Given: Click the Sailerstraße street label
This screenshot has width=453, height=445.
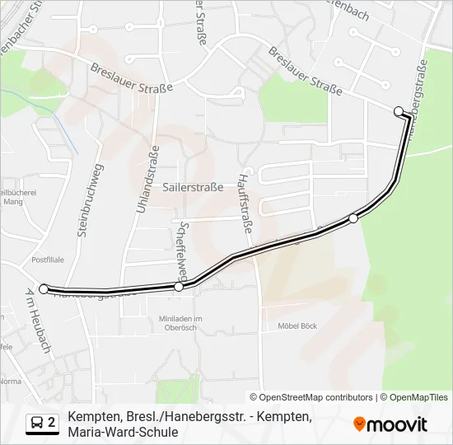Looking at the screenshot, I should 194,187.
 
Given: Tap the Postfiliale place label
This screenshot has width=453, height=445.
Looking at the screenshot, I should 47,259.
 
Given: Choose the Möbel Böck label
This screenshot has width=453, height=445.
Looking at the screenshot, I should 297,326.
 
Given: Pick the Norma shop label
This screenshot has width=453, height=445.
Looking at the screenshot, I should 12,382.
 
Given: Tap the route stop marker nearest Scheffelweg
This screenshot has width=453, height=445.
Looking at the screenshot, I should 179,287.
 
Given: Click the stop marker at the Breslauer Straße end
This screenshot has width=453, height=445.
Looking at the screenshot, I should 399,111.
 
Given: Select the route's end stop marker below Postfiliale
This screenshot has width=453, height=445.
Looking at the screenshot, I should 44,288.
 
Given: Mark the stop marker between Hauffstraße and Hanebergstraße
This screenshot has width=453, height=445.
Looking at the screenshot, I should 353,218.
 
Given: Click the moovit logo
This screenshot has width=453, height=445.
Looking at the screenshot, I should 390,424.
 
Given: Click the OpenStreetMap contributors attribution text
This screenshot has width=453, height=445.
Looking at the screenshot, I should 311,397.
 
